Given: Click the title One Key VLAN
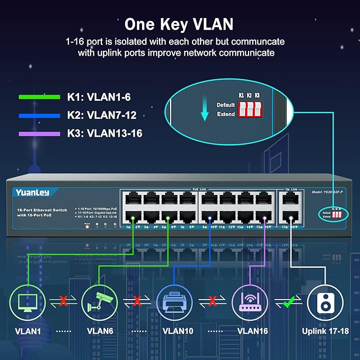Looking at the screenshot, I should tap(180, 24).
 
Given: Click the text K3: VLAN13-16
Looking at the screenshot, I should tap(104, 134).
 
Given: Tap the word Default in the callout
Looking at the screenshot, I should tap(225, 105).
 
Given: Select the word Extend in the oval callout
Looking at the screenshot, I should tap(226, 114).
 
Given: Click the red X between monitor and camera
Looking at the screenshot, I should tap(63, 302).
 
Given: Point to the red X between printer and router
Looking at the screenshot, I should tap(213, 302).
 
